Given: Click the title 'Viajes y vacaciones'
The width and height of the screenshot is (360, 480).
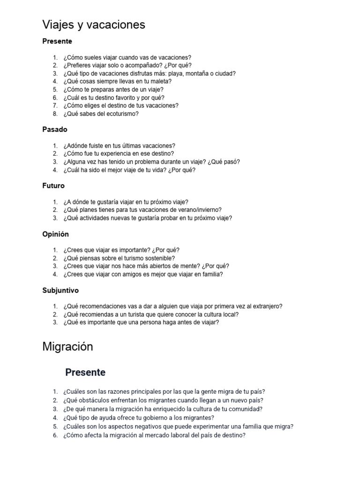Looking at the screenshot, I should [94, 24].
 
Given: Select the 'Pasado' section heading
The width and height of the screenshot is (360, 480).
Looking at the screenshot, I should [55, 129].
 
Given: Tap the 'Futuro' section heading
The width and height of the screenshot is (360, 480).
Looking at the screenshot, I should [53, 186].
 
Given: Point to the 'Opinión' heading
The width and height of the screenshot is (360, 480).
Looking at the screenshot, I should [55, 234].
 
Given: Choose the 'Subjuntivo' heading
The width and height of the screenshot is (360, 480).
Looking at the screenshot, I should [60, 291].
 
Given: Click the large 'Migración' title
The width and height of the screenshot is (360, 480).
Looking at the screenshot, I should [67, 347].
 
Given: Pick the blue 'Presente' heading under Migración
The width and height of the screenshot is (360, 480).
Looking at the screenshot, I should [85, 373].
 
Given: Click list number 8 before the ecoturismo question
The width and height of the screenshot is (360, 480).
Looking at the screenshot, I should [55, 114].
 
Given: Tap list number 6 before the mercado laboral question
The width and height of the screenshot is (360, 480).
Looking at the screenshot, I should [55, 435].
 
